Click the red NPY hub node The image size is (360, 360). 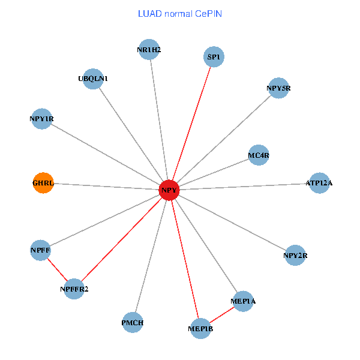point(169,191)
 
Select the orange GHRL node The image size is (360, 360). point(43,182)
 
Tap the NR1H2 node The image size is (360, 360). point(149,49)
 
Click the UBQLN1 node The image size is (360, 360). point(93,79)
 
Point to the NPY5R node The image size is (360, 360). point(278,89)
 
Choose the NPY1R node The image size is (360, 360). point(41,118)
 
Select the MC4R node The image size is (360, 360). point(259,155)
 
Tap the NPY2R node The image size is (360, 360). point(295,256)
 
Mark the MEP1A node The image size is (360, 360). point(243,301)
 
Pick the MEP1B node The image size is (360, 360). point(200,329)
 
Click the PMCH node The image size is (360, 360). point(133,322)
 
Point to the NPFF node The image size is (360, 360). point(40,250)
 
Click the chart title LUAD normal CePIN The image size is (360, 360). point(180,13)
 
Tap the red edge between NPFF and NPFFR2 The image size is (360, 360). point(57,269)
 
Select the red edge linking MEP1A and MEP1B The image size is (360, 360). point(222,314)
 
